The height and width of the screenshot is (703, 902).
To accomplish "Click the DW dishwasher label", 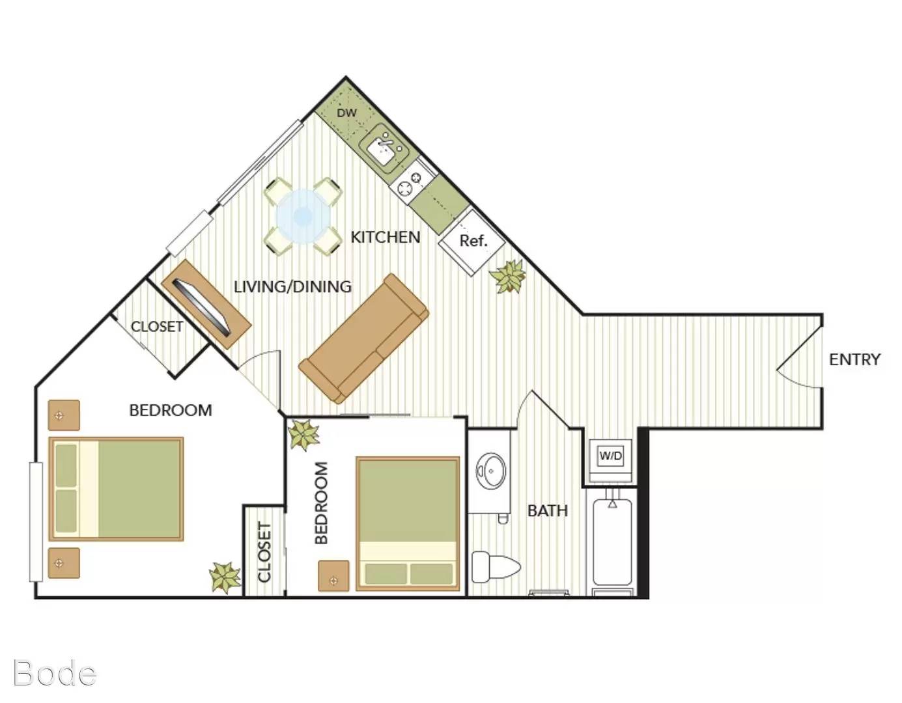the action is tap(346, 113).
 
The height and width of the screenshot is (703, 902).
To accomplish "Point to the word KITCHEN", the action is tap(386, 237).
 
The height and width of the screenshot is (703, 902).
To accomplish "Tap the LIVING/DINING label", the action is tap(292, 286).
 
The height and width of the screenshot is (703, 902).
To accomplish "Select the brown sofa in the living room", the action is tap(364, 338).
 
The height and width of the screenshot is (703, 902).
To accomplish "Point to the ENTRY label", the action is tap(854, 359).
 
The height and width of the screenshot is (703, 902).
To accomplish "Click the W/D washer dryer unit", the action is tap(611, 456).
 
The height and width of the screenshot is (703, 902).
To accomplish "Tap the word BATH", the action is tap(548, 510).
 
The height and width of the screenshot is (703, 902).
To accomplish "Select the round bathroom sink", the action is tap(491, 471).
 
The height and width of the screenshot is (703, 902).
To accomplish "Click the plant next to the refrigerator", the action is tap(507, 276).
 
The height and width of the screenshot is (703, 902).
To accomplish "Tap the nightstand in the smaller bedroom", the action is tap(333, 575).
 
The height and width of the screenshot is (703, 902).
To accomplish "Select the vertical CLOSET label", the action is tap(264, 552).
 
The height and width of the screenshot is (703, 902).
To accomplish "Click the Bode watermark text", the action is tap(55, 674).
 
